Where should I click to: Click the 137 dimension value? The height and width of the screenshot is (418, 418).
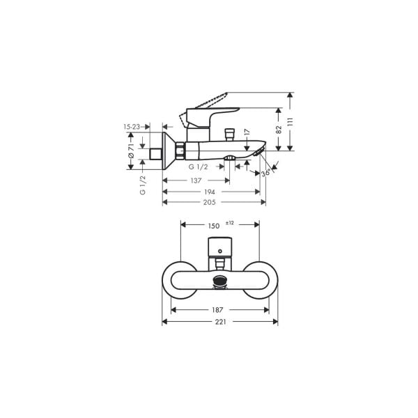(x=198, y=180)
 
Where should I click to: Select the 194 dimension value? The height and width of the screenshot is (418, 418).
(x=208, y=192)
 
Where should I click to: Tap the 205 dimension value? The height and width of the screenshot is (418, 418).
(x=209, y=202)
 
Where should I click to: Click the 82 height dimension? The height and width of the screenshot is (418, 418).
(x=279, y=129)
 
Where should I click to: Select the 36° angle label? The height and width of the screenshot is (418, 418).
(x=265, y=173)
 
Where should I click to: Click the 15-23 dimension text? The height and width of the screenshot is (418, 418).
(x=132, y=127)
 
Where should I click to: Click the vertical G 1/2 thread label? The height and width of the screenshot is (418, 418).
(x=142, y=186)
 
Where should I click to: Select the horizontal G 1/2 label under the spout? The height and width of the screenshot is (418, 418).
(x=199, y=167)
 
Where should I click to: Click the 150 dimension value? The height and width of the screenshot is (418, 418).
(x=213, y=225)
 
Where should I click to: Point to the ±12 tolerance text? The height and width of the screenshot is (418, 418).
(x=230, y=222)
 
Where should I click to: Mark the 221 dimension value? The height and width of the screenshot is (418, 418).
(x=219, y=322)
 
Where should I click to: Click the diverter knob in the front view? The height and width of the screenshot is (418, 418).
(x=220, y=281)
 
